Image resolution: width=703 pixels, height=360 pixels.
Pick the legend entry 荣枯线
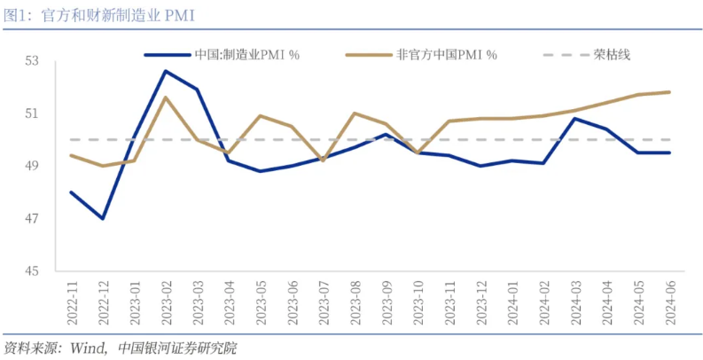(611, 55)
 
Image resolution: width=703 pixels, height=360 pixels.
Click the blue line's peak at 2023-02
(165, 71)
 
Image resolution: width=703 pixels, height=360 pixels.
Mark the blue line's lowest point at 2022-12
(103, 218)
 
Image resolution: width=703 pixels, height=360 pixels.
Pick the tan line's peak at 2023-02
(165, 98)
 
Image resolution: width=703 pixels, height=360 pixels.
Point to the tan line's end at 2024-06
(669, 92)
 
